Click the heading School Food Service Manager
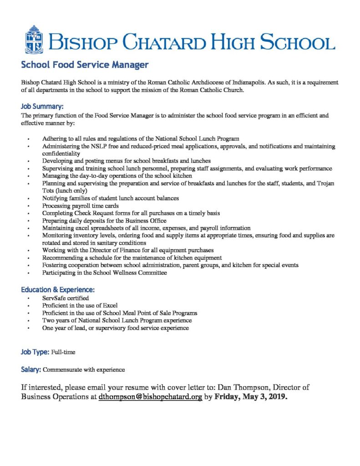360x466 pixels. coord(85,65)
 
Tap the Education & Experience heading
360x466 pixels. coord(58,289)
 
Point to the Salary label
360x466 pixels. coord(31,369)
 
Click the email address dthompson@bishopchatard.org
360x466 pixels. coord(150,396)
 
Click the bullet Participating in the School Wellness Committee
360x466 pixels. coord(105,273)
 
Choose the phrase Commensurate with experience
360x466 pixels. coord(84,370)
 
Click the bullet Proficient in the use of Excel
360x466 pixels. coord(80,305)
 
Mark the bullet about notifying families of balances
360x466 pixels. coord(111,198)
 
